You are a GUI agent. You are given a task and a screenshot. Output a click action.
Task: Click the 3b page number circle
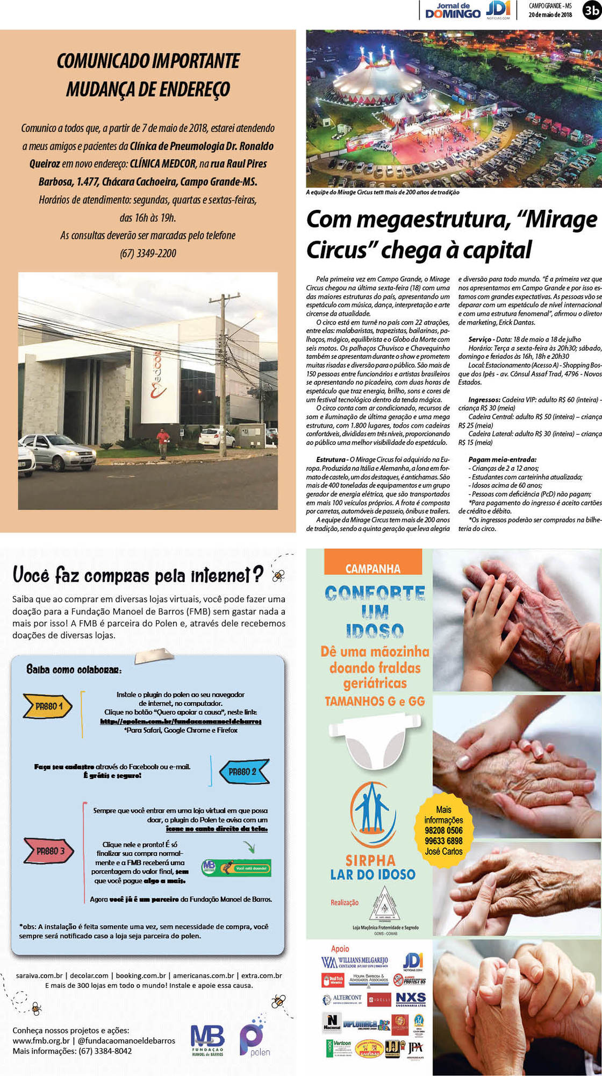tap(592, 10)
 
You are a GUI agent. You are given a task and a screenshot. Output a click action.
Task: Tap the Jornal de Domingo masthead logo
tap(453, 10)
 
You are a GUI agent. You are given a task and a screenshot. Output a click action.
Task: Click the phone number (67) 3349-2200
tap(148, 253)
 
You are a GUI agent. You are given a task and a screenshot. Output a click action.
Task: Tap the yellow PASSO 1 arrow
tap(48, 706)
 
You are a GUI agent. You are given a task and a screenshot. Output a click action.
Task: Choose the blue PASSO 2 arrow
tap(244, 771)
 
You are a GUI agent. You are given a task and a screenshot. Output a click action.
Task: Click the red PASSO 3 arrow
tap(48, 851)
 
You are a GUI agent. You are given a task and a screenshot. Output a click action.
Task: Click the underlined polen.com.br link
tap(181, 721)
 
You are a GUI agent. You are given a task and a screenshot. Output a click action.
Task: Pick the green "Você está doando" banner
tap(236, 868)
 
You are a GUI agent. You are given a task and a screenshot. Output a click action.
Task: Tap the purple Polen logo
tap(254, 1040)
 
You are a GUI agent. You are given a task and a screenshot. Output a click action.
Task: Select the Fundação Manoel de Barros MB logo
tap(207, 1040)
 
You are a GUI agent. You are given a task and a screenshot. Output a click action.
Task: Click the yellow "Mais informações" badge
tap(443, 831)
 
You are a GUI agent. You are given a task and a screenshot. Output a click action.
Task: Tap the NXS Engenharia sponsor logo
tap(411, 999)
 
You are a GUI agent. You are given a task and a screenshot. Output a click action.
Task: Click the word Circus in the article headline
tap(336, 250)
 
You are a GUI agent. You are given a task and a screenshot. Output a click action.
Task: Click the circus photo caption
tap(383, 192)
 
